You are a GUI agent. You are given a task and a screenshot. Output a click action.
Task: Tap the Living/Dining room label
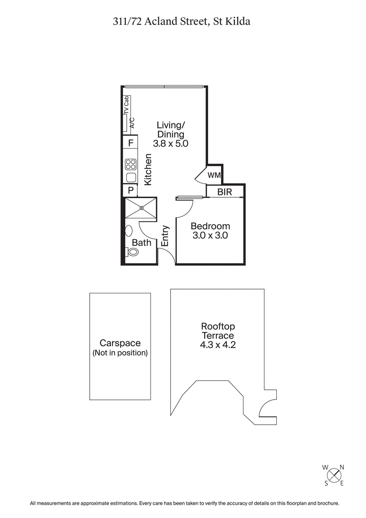(x=171, y=129)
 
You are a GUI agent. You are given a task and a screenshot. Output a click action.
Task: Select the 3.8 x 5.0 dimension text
(x=171, y=143)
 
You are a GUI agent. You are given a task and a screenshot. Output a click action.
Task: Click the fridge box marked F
(x=130, y=143)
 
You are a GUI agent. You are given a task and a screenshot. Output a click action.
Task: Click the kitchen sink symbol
(x=131, y=178)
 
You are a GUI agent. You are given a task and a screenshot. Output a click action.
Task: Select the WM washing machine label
(x=215, y=175)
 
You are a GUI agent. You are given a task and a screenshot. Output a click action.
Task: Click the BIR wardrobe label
(x=225, y=192)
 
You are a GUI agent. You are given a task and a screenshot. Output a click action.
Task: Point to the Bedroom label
(x=210, y=226)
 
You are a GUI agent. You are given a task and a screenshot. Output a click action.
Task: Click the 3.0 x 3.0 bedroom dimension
(x=210, y=236)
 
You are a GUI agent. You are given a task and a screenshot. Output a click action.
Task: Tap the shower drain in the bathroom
(x=141, y=208)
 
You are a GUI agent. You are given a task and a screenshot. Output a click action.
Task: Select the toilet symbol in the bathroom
(x=133, y=252)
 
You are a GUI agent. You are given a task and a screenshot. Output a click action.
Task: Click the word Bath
(x=142, y=243)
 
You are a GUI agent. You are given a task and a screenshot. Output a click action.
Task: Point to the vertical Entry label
(x=166, y=236)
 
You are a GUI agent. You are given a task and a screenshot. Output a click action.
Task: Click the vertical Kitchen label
(x=148, y=170)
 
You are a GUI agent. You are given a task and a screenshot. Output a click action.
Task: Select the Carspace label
(x=120, y=343)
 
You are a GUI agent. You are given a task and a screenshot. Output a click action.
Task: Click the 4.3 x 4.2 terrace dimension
(x=218, y=345)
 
